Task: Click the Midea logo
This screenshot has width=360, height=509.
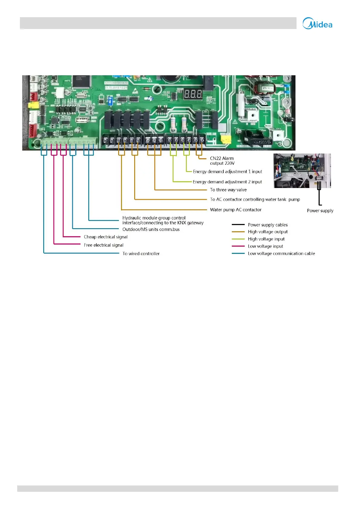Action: pyautogui.click(x=317, y=24)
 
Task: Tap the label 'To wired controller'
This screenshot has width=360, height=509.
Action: pyautogui.click(x=141, y=254)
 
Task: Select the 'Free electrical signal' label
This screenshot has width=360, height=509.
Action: pyautogui.click(x=104, y=245)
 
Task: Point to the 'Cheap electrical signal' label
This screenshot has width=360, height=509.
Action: pyautogui.click(x=105, y=237)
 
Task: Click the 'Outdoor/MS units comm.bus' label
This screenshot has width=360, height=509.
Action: pyautogui.click(x=151, y=229)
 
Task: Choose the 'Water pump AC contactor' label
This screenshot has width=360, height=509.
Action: pyautogui.click(x=235, y=210)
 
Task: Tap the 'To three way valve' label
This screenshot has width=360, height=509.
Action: pyautogui.click(x=228, y=190)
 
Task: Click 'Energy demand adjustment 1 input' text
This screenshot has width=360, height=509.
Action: pyautogui.click(x=227, y=172)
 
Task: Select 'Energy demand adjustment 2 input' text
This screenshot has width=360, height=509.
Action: pyautogui.click(x=227, y=182)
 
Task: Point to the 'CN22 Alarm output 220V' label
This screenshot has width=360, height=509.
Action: pyautogui.click(x=222, y=161)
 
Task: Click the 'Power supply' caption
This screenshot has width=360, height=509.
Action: pyautogui.click(x=320, y=211)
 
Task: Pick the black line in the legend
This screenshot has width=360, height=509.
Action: pyautogui.click(x=238, y=225)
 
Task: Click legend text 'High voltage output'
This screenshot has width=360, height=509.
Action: pyautogui.click(x=268, y=232)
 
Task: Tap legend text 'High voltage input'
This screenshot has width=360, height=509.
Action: pyautogui.click(x=266, y=239)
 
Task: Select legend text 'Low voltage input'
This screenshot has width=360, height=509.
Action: pyautogui.click(x=265, y=246)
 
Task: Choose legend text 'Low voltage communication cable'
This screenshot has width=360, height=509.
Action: pyautogui.click(x=281, y=254)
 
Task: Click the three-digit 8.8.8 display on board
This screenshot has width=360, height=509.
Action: pyautogui.click(x=193, y=94)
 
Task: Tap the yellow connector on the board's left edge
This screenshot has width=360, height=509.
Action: pyautogui.click(x=33, y=105)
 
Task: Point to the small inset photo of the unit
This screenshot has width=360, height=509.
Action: pyautogui.click(x=302, y=171)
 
